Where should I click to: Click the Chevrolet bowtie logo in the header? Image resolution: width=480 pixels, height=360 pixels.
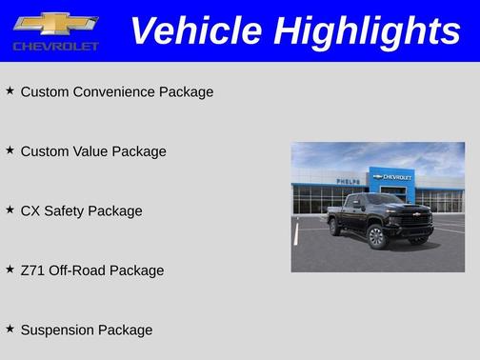click(55, 24)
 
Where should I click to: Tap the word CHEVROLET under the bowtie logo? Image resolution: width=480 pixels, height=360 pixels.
click(55, 46)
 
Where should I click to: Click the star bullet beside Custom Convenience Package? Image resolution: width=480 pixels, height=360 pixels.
click(10, 90)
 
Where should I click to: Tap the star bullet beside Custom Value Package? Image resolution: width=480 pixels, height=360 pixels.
click(10, 150)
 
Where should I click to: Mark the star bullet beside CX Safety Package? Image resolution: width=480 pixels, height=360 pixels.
click(10, 210)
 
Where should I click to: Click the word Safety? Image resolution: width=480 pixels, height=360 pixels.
click(62, 211)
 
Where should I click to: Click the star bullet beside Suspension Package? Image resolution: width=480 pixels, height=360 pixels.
click(10, 329)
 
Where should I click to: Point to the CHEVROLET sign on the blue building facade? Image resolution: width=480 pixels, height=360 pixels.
click(394, 177)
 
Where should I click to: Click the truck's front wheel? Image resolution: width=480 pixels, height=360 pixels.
click(376, 237)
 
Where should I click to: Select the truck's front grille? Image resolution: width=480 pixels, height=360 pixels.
click(415, 220)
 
